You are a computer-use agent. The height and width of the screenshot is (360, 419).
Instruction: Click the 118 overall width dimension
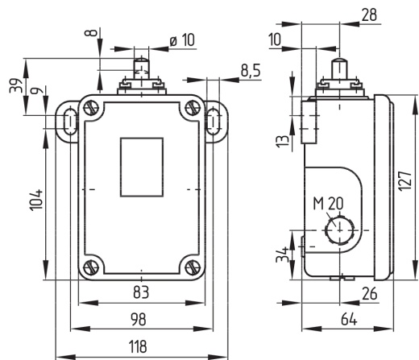tap(138, 346)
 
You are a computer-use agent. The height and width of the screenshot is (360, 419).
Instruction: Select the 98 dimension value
tap(139, 320)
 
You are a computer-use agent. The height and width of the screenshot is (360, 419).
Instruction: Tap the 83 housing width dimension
tap(141, 292)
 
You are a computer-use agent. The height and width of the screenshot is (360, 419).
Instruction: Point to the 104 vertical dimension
tap(37, 201)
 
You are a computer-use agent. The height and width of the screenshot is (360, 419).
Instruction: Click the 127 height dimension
tap(405, 181)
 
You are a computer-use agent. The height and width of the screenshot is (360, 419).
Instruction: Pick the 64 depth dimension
tap(349, 320)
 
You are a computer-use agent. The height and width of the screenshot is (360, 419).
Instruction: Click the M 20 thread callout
tap(328, 204)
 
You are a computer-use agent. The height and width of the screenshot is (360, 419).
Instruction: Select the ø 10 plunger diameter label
tap(182, 40)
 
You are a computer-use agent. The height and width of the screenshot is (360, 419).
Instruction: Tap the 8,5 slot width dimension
tap(251, 71)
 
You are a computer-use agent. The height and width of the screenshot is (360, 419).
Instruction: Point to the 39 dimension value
tap(15, 85)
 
